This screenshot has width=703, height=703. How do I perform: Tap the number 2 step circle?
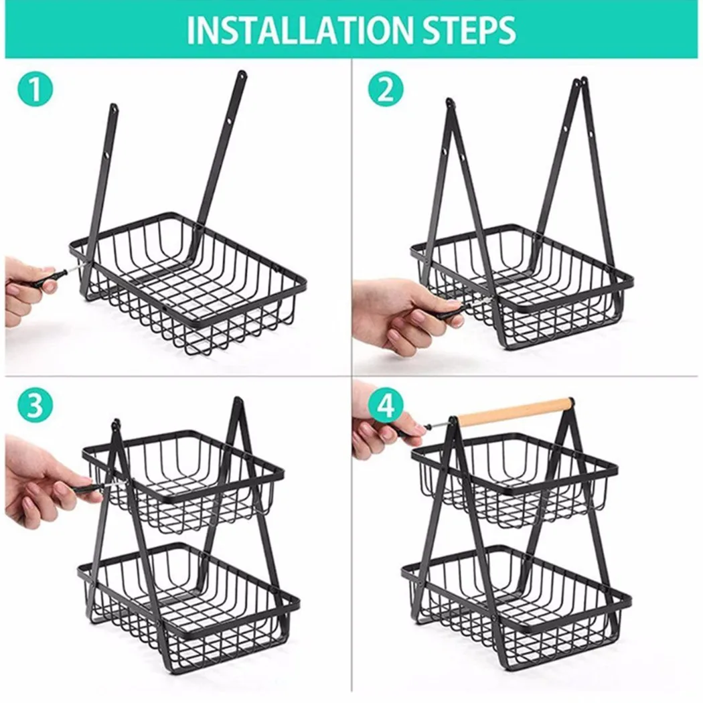(385, 90)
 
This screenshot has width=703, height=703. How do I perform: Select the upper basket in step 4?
(516, 482)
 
